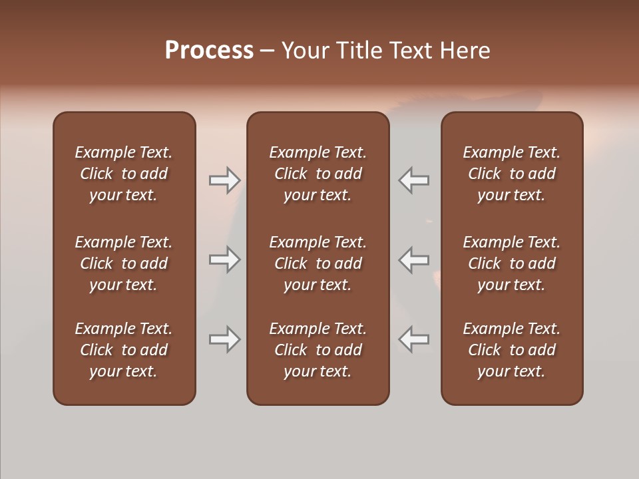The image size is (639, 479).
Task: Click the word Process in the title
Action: click(x=209, y=51)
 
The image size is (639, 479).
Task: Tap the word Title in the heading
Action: click(x=359, y=51)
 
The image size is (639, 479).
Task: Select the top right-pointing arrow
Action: click(x=224, y=180)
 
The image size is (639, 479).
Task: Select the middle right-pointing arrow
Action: click(x=224, y=259)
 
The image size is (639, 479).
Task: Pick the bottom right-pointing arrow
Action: click(x=224, y=339)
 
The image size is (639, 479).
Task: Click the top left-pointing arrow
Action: click(x=414, y=180)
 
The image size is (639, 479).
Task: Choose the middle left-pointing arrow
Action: click(x=414, y=259)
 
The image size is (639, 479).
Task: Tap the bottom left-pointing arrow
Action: click(x=414, y=339)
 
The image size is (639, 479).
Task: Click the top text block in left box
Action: click(x=124, y=174)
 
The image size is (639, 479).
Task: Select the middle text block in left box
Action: click(x=124, y=263)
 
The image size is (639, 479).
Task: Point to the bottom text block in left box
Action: click(x=124, y=350)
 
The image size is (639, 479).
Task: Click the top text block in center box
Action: click(x=318, y=174)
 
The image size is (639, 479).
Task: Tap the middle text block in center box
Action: click(x=318, y=263)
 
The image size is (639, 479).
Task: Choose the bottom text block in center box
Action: click(x=318, y=350)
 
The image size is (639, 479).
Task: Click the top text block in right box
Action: click(x=511, y=174)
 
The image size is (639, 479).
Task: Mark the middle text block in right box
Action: click(x=511, y=263)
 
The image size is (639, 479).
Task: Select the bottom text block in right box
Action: click(x=511, y=350)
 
